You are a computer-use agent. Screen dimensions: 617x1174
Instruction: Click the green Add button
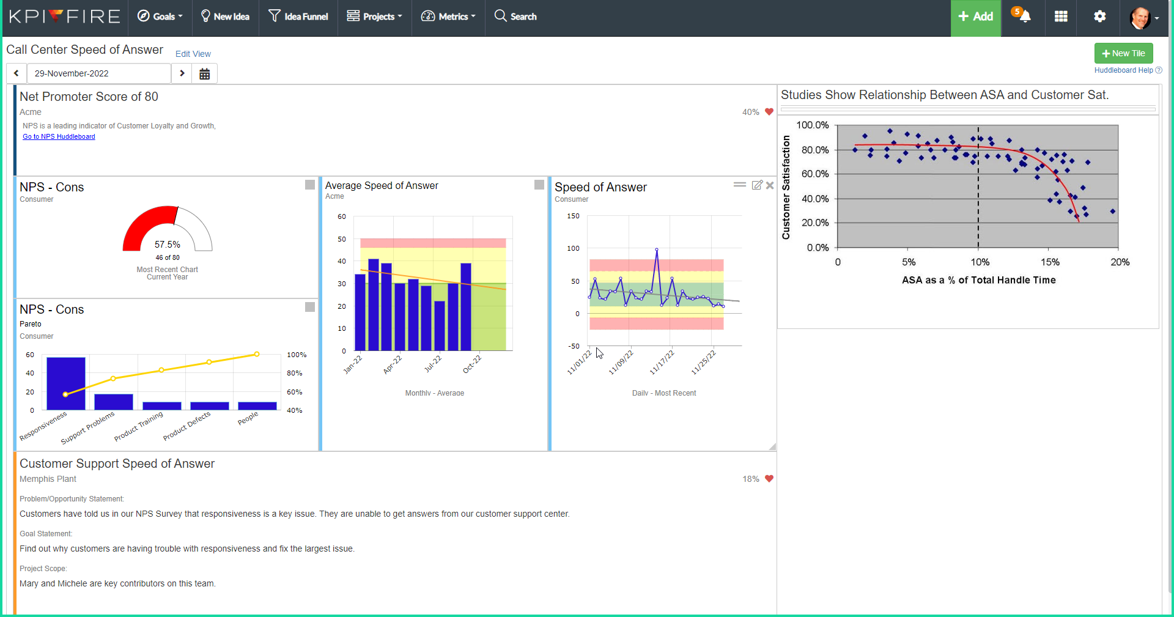(x=975, y=17)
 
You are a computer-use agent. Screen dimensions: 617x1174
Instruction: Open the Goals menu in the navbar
(x=160, y=17)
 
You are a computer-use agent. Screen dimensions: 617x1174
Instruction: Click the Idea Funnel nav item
(x=298, y=17)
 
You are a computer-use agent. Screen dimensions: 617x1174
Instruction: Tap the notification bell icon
(x=1025, y=17)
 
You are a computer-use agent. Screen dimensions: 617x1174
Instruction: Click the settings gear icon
(x=1099, y=17)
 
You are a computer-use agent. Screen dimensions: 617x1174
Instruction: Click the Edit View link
(x=193, y=54)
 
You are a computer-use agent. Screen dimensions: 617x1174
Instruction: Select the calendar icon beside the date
(x=205, y=74)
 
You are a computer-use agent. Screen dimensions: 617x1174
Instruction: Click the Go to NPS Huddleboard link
(x=59, y=137)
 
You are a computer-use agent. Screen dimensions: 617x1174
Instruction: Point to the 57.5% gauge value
(x=167, y=245)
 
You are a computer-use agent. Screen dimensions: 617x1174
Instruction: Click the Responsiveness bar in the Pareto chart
(x=66, y=383)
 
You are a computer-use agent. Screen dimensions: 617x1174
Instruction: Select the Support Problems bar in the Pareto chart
(x=114, y=402)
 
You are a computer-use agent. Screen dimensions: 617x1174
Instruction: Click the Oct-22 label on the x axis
(x=471, y=364)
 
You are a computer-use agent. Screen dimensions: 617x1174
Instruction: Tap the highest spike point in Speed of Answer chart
(x=657, y=249)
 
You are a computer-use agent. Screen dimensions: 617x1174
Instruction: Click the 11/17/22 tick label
(x=662, y=362)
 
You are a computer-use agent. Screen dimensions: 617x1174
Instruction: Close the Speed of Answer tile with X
(x=770, y=185)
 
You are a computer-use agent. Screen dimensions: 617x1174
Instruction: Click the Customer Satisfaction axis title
(x=786, y=187)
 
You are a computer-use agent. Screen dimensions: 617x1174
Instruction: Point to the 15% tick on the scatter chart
(x=1050, y=262)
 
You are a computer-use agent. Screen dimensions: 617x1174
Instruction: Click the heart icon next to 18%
(x=769, y=479)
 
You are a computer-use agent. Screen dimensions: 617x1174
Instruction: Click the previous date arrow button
(x=17, y=73)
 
